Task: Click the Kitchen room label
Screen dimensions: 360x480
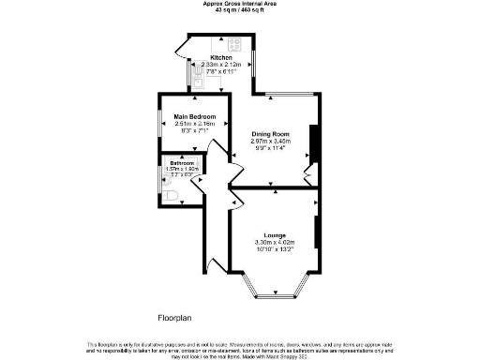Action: (x=221, y=57)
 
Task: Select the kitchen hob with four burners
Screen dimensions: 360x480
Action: (x=233, y=43)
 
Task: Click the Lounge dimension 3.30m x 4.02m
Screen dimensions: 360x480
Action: (x=275, y=242)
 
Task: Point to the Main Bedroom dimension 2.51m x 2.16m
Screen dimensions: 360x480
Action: (x=195, y=124)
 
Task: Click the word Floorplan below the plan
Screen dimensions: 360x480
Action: (x=174, y=319)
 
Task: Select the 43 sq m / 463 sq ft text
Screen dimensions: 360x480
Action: (x=239, y=11)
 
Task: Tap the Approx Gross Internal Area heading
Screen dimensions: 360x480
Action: (x=239, y=4)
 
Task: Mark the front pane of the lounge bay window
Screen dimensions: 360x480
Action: (x=277, y=296)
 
